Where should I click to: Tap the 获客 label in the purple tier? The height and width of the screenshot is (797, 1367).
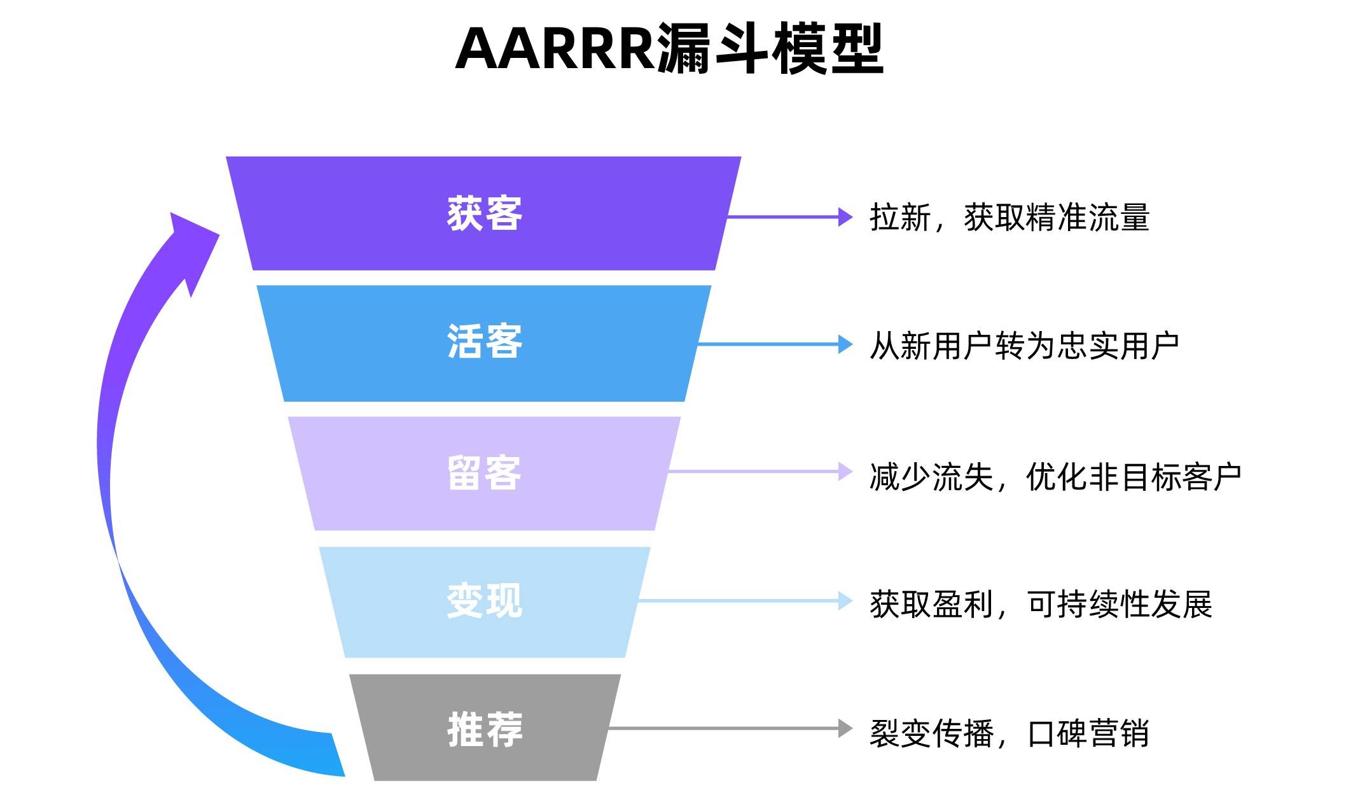pyautogui.click(x=485, y=213)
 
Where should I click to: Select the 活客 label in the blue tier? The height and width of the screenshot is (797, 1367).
pyautogui.click(x=485, y=341)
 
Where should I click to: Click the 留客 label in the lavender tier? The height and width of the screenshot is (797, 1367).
pyautogui.click(x=485, y=472)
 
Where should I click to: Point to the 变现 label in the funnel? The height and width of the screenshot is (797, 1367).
pyautogui.click(x=485, y=600)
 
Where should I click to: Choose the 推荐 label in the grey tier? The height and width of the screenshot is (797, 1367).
pyautogui.click(x=485, y=729)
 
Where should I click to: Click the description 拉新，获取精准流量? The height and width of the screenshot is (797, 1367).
pyautogui.click(x=1010, y=217)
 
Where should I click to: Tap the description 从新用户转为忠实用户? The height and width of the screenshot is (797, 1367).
pyautogui.click(x=1025, y=346)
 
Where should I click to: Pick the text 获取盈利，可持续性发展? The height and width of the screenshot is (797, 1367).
pyautogui.click(x=1041, y=604)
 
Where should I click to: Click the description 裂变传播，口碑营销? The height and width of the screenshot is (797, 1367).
pyautogui.click(x=1010, y=733)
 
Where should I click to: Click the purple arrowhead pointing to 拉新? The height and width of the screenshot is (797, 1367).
pyautogui.click(x=845, y=216)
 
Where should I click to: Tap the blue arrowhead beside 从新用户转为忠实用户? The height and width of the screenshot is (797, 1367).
pyautogui.click(x=845, y=344)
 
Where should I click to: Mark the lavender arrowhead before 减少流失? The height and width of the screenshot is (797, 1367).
pyautogui.click(x=845, y=472)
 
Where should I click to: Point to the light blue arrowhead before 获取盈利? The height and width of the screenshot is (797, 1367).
pyautogui.click(x=845, y=600)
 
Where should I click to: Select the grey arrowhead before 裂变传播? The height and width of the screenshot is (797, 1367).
pyautogui.click(x=845, y=728)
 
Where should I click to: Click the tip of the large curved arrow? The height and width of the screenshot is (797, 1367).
pyautogui.click(x=172, y=213)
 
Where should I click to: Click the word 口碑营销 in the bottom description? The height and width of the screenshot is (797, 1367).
pyautogui.click(x=1088, y=733)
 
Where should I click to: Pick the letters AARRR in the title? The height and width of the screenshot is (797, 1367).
pyautogui.click(x=555, y=50)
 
